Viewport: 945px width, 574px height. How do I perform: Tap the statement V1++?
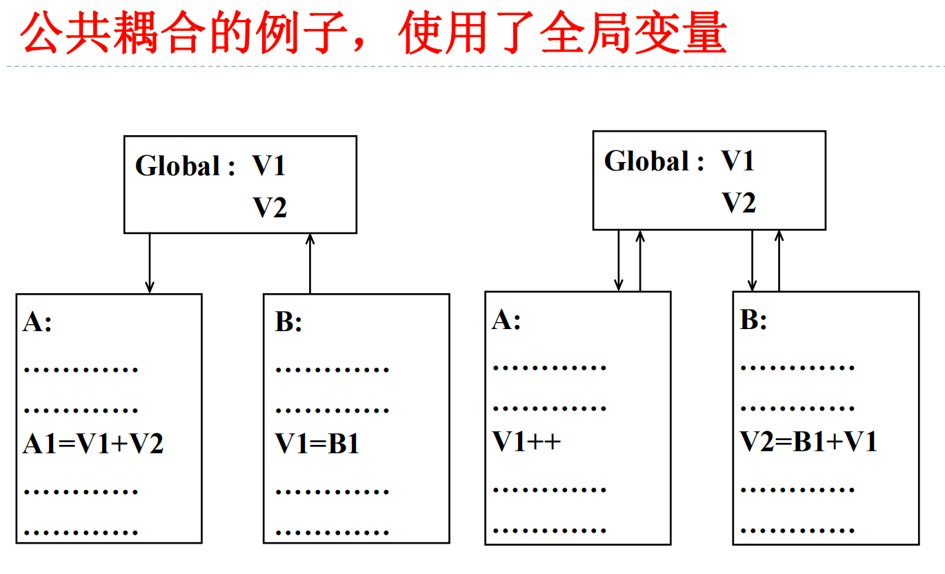pos(527,442)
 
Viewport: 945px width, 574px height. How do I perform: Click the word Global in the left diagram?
pos(177,166)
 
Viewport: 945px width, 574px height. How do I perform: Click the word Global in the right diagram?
pos(646,161)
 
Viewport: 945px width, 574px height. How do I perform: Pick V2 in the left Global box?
pos(269,208)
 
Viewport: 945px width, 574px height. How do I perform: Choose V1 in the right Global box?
pos(738,161)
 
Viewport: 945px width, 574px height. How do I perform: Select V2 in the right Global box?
pos(739,204)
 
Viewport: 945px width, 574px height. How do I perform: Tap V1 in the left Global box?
pos(269,166)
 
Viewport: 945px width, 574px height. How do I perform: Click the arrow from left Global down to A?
pos(150,263)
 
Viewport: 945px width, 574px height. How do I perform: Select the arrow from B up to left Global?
pos(310,263)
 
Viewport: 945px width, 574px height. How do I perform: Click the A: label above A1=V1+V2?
pos(37,322)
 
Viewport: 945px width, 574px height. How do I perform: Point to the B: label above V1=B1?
pos(288,322)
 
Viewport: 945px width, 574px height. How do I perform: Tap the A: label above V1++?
pos(506,320)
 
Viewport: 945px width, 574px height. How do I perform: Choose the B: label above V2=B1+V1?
pos(753,320)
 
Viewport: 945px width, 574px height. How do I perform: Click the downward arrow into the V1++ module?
pos(619,260)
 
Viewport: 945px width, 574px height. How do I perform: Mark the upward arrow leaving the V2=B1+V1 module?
pos(779,260)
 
